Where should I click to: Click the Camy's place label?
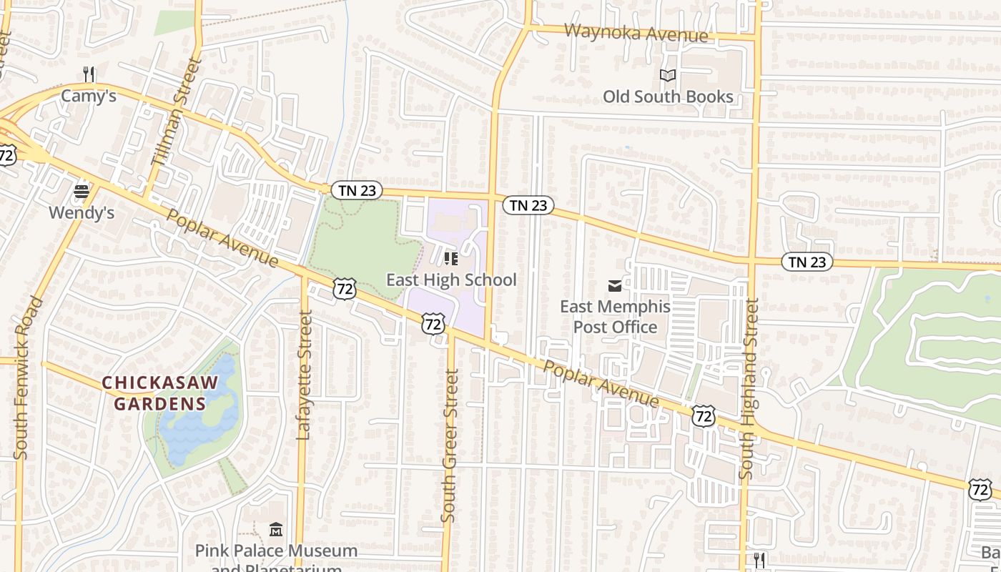pos(89,96)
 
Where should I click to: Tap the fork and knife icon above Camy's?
pos(89,74)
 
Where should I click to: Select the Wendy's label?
pos(82,212)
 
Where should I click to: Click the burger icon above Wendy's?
pos(82,192)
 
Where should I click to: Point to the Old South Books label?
pos(668,97)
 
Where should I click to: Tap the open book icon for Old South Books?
pos(668,75)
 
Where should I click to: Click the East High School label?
pos(451,280)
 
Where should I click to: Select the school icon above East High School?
pos(451,258)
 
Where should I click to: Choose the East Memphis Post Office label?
pos(615,317)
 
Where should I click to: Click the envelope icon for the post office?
pos(615,286)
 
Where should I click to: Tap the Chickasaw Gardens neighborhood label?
pos(160,393)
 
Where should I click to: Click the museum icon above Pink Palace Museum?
pos(276,530)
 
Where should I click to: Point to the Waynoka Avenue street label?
pos(636,33)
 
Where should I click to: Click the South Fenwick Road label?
pos(29,378)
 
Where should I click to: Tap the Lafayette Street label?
pos(305,375)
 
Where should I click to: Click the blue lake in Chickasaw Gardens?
pos(197,415)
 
